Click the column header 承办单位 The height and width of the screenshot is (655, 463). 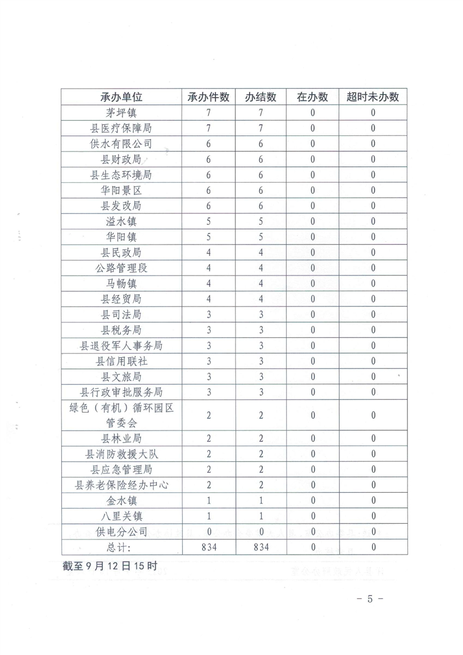[x=121, y=97]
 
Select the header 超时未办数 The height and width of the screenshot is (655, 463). [x=373, y=97]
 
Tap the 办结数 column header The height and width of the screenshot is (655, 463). [x=261, y=97]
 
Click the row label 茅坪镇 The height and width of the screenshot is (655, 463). [x=121, y=113]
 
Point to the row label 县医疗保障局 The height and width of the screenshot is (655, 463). [x=121, y=128]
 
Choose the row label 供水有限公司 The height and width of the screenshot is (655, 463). [x=121, y=144]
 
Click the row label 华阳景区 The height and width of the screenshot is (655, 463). [x=121, y=190]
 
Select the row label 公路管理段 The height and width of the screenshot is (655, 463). [x=121, y=268]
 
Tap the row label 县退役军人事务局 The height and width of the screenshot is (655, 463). [x=121, y=346]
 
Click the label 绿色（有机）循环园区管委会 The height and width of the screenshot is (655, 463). [x=121, y=416]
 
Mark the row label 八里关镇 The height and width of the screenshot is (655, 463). [x=121, y=516]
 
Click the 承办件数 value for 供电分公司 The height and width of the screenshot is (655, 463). [x=208, y=532]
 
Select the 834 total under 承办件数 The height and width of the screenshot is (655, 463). [x=208, y=547]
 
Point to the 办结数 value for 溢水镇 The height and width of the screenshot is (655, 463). [x=261, y=221]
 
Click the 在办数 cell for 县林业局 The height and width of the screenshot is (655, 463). [x=313, y=438]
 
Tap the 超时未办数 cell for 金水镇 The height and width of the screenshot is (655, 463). [x=373, y=501]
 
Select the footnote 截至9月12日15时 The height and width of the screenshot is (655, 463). [x=109, y=566]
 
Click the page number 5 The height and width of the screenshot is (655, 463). [x=370, y=598]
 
